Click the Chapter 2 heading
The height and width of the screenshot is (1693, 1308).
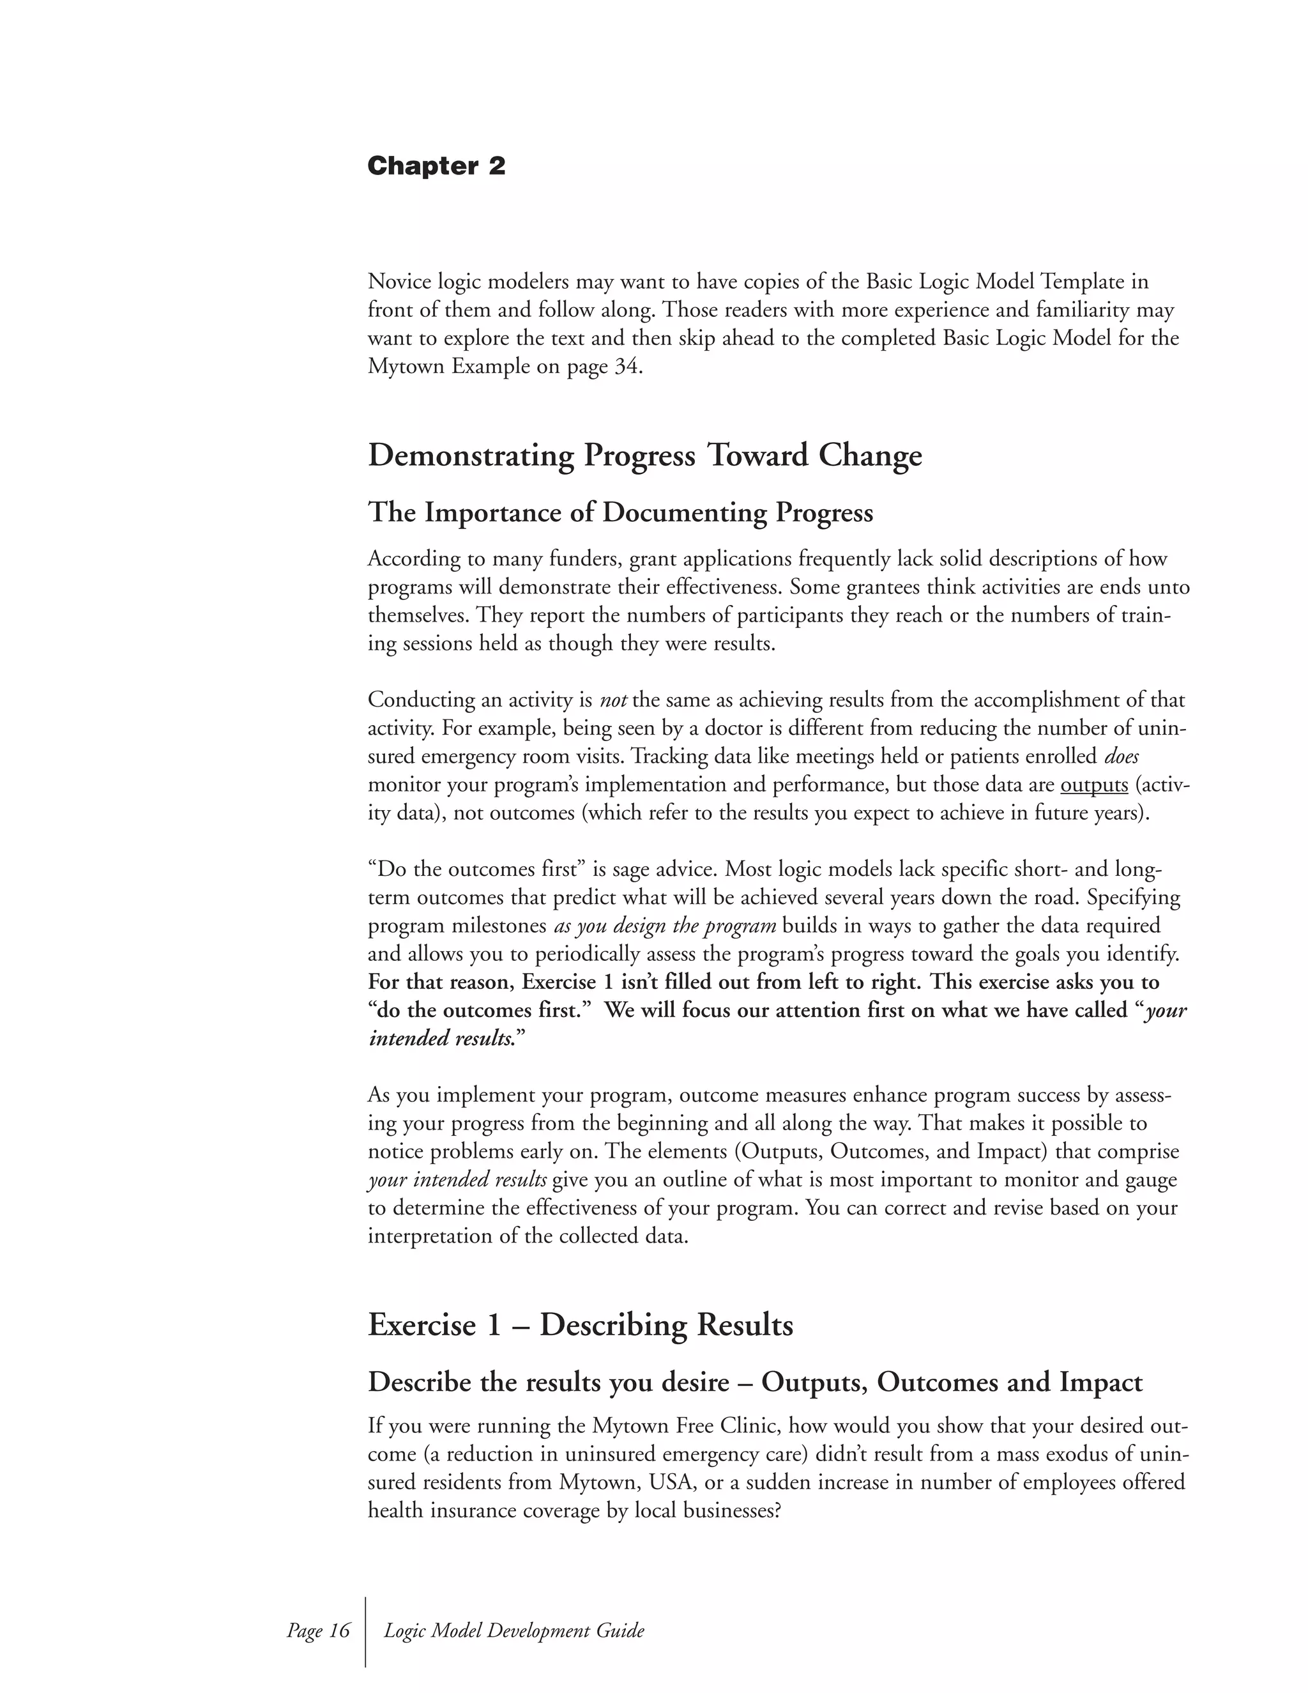tap(436, 166)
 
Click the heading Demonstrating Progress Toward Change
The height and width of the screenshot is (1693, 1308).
tap(644, 455)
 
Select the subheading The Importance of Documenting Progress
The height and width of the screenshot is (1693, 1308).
tap(620, 512)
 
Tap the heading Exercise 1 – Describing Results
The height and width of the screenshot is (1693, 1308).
tap(581, 1325)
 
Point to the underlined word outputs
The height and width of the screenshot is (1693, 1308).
tap(1093, 785)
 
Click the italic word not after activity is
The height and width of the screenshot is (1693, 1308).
tap(613, 701)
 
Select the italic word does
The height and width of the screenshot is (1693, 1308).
tap(1122, 756)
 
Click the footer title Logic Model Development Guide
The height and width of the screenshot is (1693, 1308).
tap(513, 1630)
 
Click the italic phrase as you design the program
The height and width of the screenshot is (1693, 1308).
tap(665, 926)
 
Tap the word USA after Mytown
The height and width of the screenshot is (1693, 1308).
tap(673, 1483)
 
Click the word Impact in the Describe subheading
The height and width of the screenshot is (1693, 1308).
tap(1100, 1382)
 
